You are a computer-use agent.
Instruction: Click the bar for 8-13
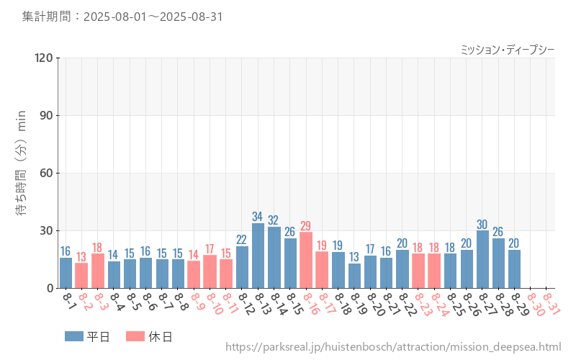(x=258, y=256)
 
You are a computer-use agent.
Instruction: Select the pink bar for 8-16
(x=306, y=260)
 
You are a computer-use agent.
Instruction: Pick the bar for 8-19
(x=354, y=276)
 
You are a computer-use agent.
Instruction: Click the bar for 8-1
(x=66, y=273)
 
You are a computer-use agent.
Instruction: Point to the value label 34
(x=258, y=217)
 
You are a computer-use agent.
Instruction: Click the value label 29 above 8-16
(x=306, y=226)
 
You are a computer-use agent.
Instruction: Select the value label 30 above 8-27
(x=482, y=224)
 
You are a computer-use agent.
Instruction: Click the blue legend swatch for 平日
(x=74, y=336)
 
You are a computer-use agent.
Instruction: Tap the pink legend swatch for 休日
(x=135, y=336)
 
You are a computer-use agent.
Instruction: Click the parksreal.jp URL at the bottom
(x=392, y=347)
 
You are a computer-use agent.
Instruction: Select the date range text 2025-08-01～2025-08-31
(x=152, y=17)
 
